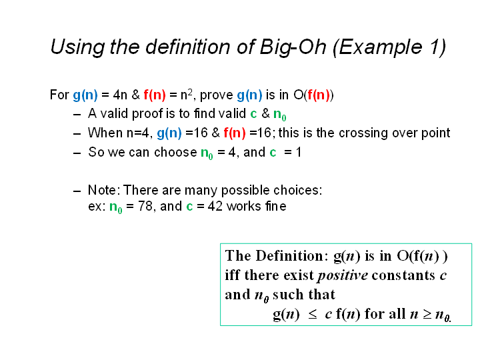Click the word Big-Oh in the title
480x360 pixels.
293,48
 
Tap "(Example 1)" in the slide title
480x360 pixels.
389,48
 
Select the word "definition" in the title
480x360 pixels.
187,47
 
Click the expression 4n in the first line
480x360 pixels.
120,95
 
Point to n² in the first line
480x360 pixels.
187,94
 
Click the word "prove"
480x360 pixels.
217,95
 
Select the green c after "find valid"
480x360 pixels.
253,114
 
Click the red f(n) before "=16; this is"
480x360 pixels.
235,133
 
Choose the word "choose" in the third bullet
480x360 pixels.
175,153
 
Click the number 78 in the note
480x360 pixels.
145,206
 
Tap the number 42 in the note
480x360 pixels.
215,206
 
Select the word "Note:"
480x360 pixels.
102,191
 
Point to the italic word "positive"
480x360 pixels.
342,275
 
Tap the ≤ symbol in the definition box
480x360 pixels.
312,315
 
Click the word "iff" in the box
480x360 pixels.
233,275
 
